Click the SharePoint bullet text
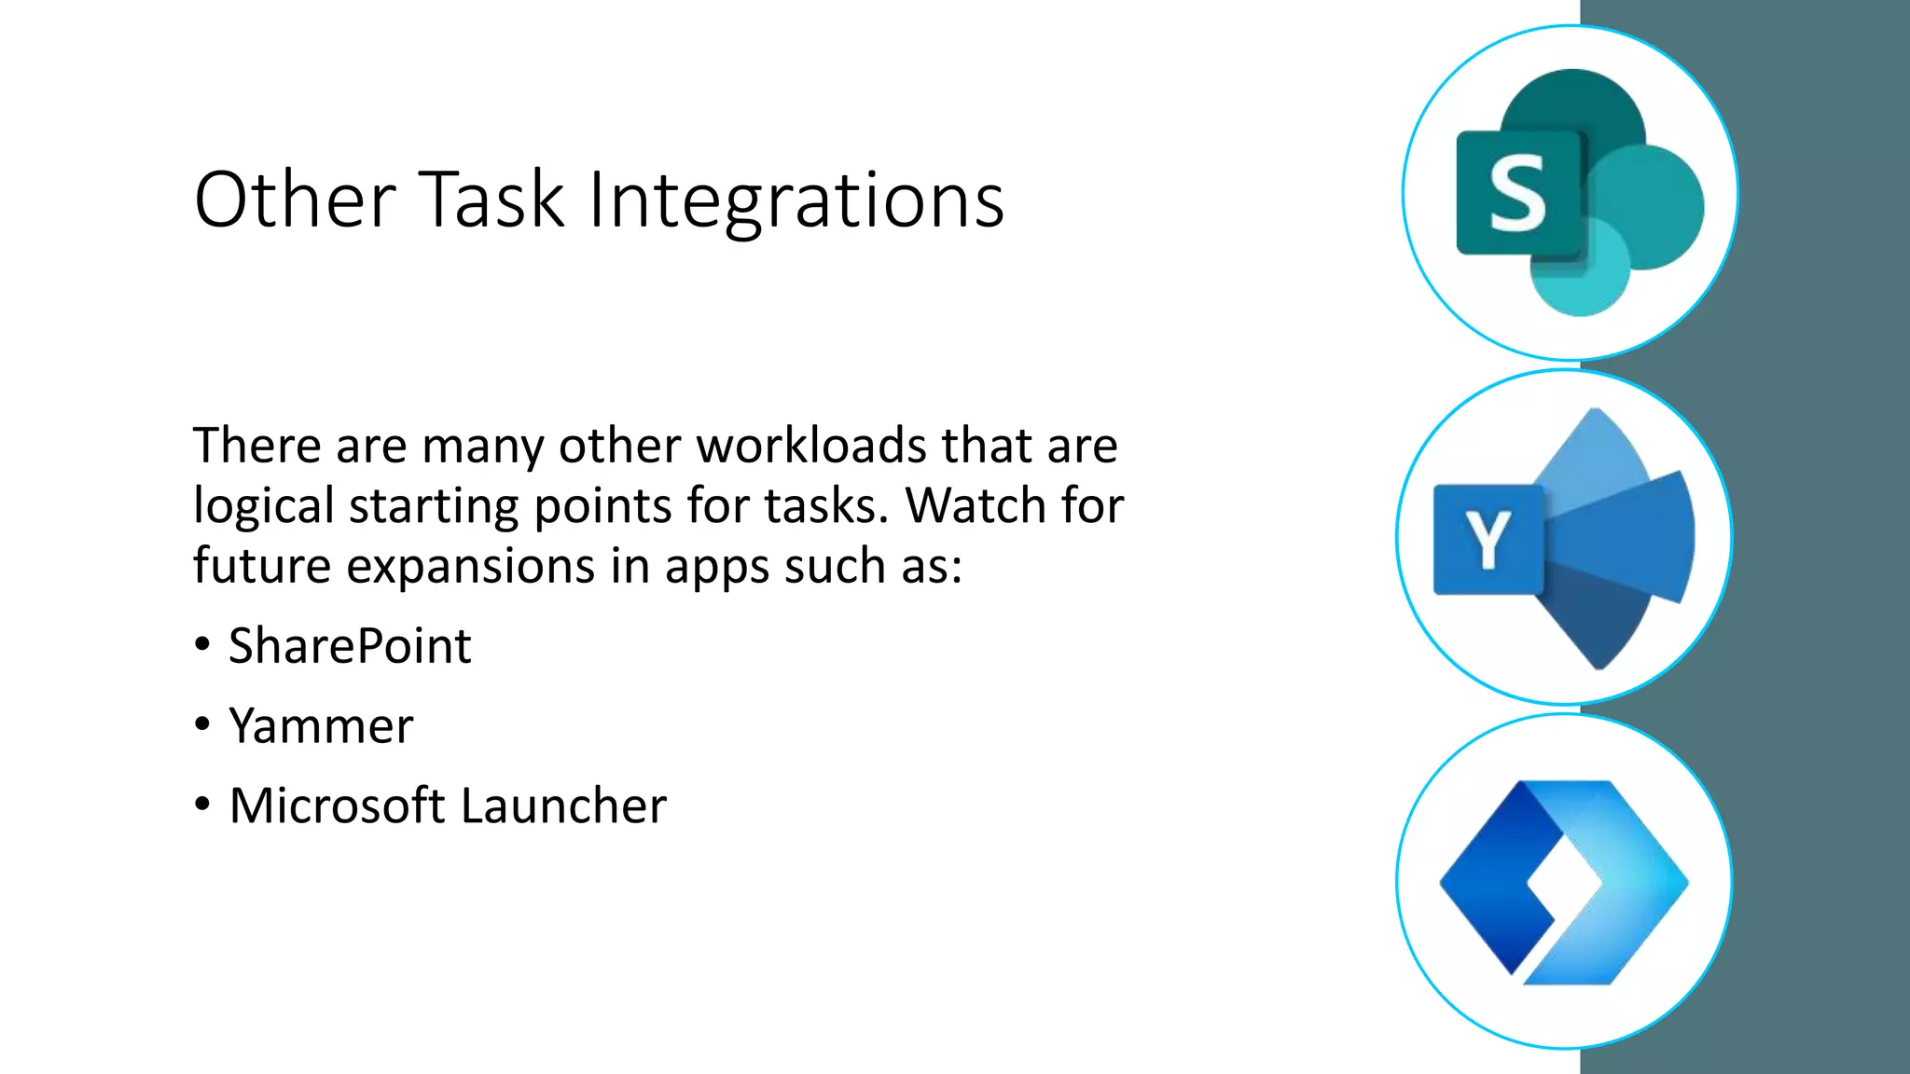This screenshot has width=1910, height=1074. click(350, 646)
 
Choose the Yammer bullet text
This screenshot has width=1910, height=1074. click(321, 726)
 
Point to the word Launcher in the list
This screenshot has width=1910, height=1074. click(563, 805)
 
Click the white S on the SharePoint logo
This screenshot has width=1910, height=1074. click(1517, 194)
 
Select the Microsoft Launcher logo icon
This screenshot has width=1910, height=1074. click(1564, 882)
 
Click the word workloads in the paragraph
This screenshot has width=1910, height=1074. click(811, 445)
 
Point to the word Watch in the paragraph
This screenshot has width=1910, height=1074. click(965, 505)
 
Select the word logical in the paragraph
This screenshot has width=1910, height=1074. click(263, 505)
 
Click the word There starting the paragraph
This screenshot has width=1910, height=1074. click(256, 445)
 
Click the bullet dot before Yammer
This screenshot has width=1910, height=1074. click(202, 724)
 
